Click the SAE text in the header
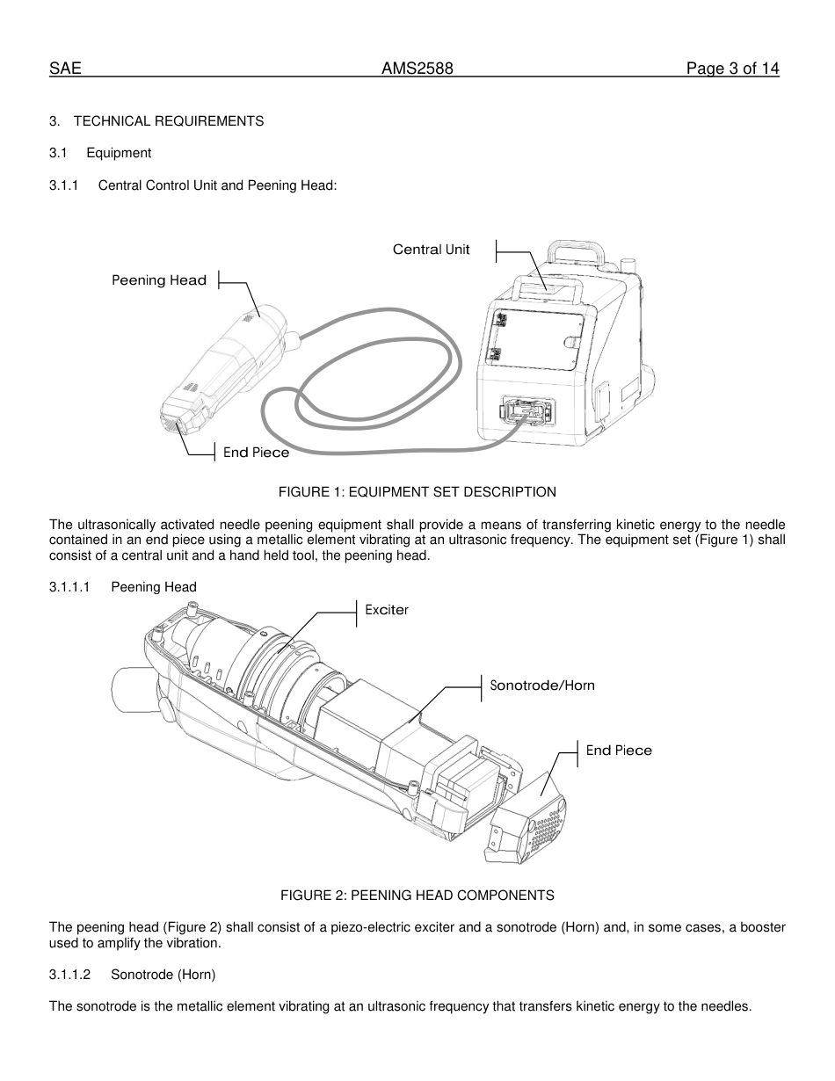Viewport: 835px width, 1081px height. [65, 69]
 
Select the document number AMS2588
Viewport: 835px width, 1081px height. [417, 69]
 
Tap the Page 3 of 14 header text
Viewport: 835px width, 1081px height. [732, 69]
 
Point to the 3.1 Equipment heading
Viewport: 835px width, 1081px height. [100, 153]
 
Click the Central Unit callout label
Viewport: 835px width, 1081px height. [431, 250]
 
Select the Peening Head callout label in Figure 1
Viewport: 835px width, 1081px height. [159, 280]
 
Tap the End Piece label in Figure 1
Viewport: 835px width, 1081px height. [256, 453]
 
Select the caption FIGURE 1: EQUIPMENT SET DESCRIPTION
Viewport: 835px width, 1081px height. [417, 492]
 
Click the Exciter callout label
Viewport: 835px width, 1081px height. [387, 610]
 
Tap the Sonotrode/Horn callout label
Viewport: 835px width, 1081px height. [541, 686]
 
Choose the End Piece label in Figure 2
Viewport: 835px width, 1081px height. [619, 751]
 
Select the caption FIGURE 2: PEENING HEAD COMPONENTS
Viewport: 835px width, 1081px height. [417, 896]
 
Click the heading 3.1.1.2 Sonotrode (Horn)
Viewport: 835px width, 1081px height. [132, 975]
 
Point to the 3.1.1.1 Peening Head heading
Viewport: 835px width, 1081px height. [123, 587]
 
